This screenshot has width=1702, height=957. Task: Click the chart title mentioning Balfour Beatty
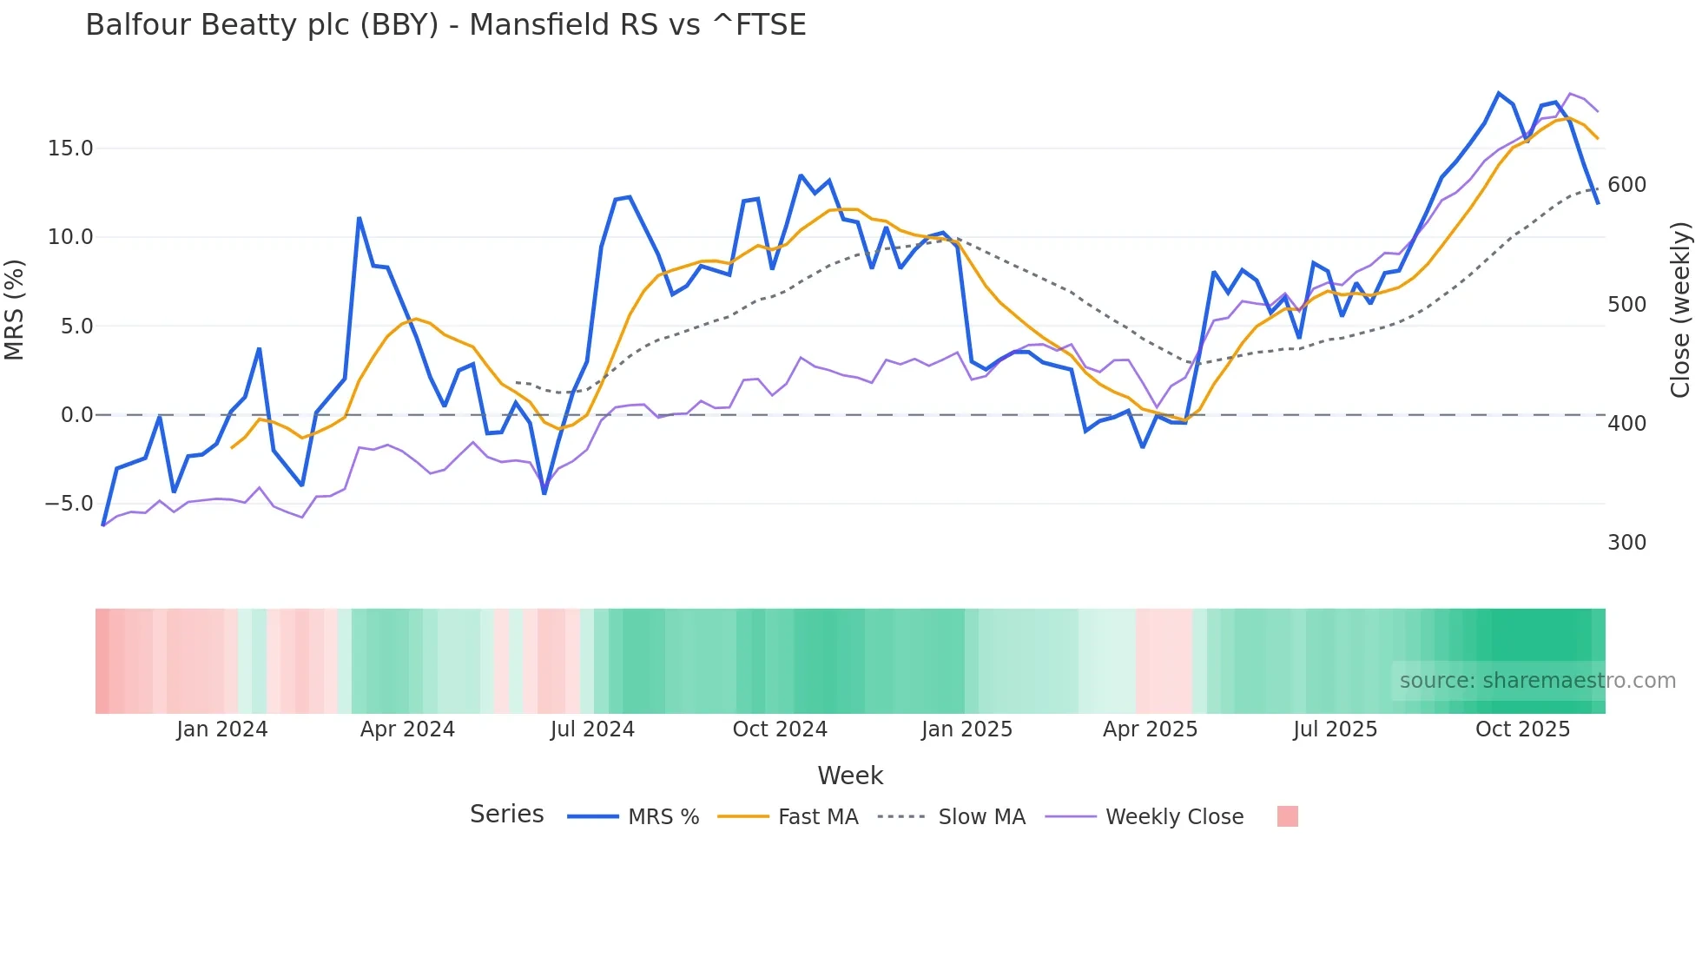[x=445, y=25]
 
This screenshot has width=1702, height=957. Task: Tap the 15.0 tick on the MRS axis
[x=70, y=148]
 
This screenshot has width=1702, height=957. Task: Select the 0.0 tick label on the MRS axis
[x=76, y=415]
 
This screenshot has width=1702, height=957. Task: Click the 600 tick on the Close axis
[x=1626, y=185]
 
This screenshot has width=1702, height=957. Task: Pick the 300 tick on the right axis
[x=1626, y=543]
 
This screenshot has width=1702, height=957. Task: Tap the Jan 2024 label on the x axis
[x=221, y=729]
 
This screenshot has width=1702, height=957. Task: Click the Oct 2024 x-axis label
[x=780, y=729]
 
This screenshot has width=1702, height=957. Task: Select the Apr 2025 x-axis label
[x=1150, y=729]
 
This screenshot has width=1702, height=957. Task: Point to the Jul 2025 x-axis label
[x=1335, y=729]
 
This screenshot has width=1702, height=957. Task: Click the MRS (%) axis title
[x=15, y=309]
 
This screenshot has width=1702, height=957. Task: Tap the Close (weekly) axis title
[x=1680, y=310]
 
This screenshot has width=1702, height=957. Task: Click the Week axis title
[x=850, y=775]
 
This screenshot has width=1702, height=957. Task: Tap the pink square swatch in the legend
[x=1288, y=816]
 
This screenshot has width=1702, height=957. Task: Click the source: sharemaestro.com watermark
[x=1537, y=681]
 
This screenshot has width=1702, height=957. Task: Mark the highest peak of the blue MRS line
[x=1499, y=93]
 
